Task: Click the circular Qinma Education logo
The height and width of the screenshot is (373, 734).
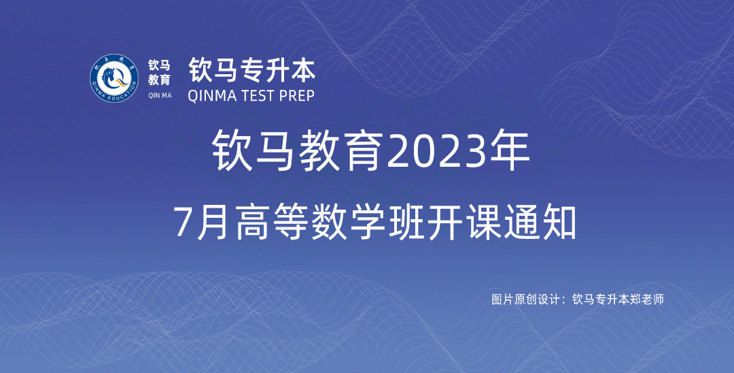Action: [x=114, y=78]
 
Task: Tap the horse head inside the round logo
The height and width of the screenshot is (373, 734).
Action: [x=112, y=78]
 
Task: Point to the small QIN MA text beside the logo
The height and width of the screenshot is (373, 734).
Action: [x=160, y=95]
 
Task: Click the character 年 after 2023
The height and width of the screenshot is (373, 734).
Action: [x=512, y=151]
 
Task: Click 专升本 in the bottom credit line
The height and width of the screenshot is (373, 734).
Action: [x=612, y=299]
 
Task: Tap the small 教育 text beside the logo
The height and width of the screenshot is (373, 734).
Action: [x=159, y=80]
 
